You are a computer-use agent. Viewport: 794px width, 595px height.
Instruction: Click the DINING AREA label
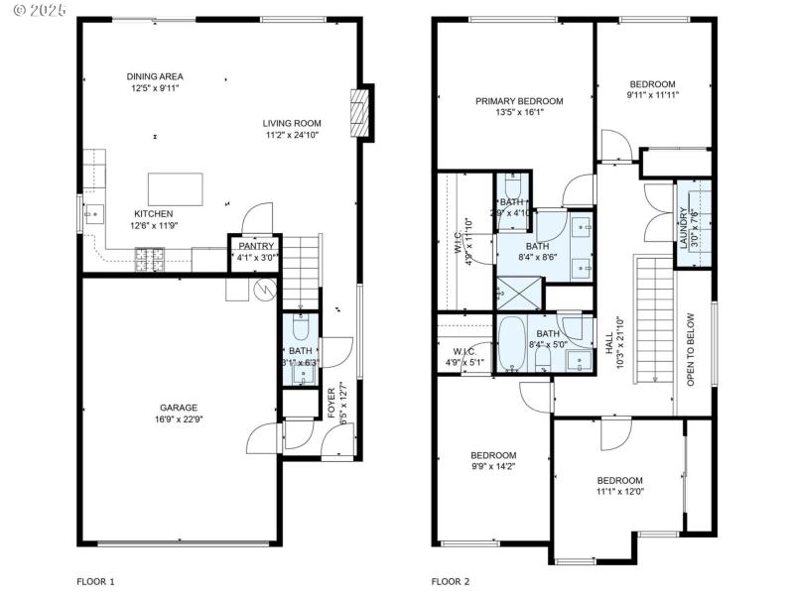click(154, 76)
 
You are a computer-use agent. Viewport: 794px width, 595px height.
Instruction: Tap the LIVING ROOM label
click(291, 123)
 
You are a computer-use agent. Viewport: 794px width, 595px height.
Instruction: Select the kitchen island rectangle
click(175, 187)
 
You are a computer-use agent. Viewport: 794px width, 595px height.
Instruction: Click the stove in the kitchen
click(150, 260)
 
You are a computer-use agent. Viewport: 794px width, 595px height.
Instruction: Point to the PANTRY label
click(255, 246)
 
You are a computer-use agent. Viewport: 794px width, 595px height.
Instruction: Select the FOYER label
click(331, 402)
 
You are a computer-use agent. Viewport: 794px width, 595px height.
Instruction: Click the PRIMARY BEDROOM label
click(518, 101)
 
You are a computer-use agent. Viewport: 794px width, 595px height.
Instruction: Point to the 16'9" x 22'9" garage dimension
click(180, 418)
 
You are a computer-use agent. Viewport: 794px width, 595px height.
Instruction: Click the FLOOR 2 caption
click(451, 581)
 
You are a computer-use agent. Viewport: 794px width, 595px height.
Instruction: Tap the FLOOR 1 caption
click(96, 581)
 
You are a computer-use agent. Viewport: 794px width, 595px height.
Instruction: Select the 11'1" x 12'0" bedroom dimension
click(619, 491)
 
